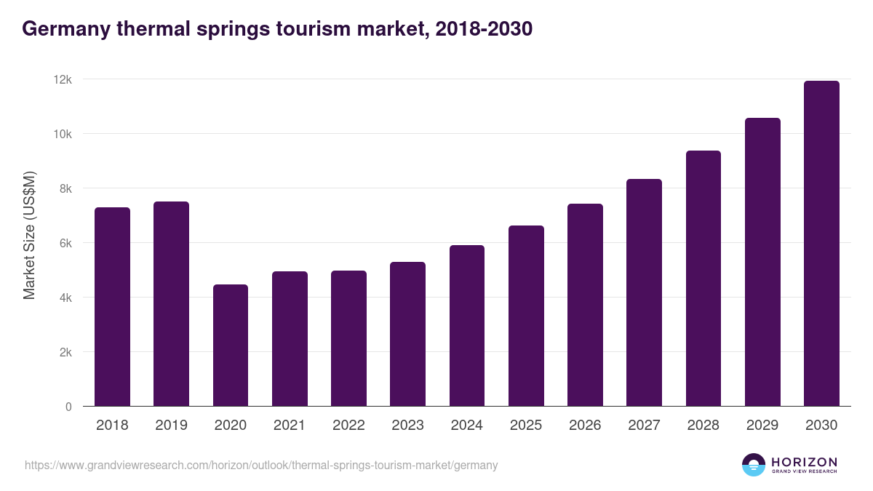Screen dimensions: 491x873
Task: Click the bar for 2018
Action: pyautogui.click(x=112, y=307)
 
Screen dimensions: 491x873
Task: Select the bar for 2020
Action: pyautogui.click(x=231, y=346)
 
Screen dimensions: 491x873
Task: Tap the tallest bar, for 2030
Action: pyautogui.click(x=821, y=244)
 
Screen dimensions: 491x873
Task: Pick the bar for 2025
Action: pyautogui.click(x=526, y=316)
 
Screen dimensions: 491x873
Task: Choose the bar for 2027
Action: pyautogui.click(x=644, y=292)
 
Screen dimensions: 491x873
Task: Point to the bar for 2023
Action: pyautogui.click(x=407, y=334)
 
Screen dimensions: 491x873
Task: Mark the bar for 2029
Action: pyautogui.click(x=762, y=262)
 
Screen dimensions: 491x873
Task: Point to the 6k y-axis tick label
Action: pyautogui.click(x=65, y=243)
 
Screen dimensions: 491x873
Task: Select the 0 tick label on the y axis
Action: pyautogui.click(x=68, y=407)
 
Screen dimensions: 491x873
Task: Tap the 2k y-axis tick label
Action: pyautogui.click(x=65, y=352)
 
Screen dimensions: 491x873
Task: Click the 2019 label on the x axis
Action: pyautogui.click(x=171, y=426)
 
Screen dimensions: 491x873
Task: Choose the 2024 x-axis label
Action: pyautogui.click(x=466, y=426)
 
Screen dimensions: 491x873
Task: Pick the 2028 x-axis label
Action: pyautogui.click(x=703, y=426)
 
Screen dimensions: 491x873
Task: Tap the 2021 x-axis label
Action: pyautogui.click(x=290, y=426)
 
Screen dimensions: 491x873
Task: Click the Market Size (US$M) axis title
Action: pyautogui.click(x=29, y=235)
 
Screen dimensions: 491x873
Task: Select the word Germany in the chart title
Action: pyautogui.click(x=64, y=29)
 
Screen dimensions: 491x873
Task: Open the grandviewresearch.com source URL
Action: pyautogui.click(x=261, y=465)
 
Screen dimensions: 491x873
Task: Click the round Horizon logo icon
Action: pyautogui.click(x=754, y=465)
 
